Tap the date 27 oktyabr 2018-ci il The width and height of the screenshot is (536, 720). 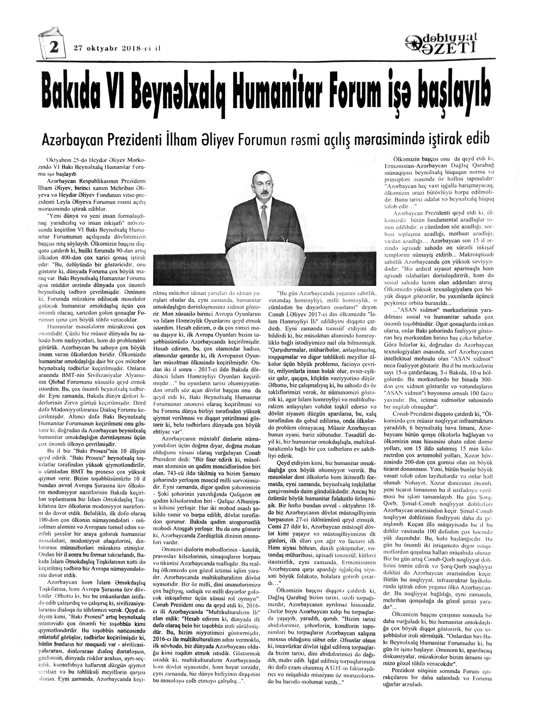point(117,48)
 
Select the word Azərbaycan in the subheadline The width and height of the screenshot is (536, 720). point(76,140)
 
